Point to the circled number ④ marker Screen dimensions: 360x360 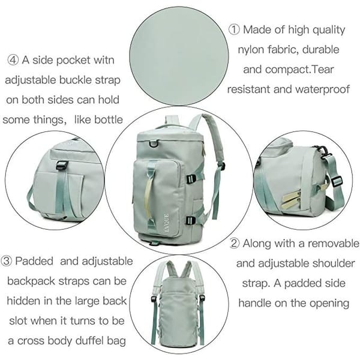(x=13, y=61)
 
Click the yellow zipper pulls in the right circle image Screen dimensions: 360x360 (x=293, y=199)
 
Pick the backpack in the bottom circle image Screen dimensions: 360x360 (x=178, y=303)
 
